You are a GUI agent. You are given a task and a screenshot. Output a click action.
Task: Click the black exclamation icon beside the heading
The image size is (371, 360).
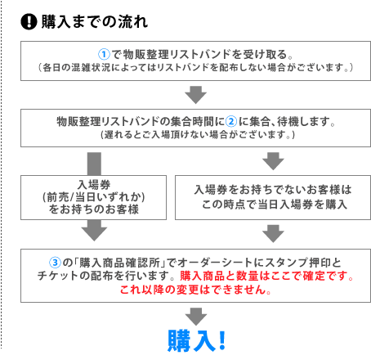coord(29,21)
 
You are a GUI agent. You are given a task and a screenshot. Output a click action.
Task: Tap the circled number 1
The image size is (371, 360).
coord(104,54)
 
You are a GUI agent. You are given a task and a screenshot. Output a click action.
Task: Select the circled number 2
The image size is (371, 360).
coord(231,121)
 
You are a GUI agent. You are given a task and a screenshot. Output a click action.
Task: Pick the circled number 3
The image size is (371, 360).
coord(55,263)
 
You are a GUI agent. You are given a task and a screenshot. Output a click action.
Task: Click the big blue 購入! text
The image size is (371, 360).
coord(197,340)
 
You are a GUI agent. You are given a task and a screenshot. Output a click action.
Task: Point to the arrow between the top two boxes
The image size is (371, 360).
coord(195,95)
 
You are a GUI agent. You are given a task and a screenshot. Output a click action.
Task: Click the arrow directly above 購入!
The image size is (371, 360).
coord(196,317)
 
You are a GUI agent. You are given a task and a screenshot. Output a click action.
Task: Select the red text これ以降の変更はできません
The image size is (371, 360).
coord(195,290)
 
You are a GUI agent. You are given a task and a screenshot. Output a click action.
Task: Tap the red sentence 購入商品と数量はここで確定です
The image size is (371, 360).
coord(266,276)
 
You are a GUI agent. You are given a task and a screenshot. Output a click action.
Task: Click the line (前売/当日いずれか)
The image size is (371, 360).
coord(94,197)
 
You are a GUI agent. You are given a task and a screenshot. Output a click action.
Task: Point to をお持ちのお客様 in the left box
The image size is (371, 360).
coord(94,209)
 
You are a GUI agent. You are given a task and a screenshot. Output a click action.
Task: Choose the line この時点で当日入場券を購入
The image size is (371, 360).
coord(275,205)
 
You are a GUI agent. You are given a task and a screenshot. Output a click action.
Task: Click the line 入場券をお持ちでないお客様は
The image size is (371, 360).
coord(273,190)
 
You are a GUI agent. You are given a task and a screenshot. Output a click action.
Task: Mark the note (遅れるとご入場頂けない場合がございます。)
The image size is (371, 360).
coord(198,134)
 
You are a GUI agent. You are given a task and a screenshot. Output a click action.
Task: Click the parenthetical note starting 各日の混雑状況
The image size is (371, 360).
coord(195,67)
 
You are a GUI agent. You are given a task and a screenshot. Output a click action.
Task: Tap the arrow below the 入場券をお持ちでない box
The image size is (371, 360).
coord(273,234)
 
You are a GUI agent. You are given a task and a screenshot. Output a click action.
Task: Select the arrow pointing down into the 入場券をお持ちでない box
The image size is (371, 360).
coord(273,161)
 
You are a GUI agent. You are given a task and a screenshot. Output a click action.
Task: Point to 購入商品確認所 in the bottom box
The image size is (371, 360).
coord(119,263)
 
